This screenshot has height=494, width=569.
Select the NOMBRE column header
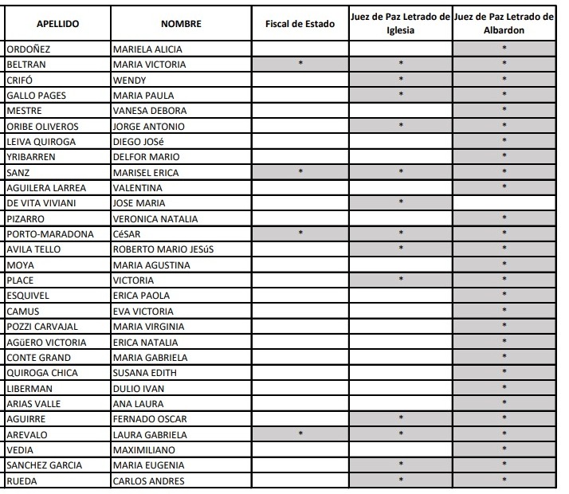181,24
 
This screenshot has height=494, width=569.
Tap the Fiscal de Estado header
300,24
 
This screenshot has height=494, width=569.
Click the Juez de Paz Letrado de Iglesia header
401,24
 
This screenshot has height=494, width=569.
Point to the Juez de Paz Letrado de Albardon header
504,24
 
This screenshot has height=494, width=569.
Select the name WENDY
129,80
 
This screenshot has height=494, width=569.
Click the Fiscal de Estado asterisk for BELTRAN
300,64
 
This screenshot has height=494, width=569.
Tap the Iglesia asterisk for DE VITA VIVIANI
401,202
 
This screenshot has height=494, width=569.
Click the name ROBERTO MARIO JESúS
163,249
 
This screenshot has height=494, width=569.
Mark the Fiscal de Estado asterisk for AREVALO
300,435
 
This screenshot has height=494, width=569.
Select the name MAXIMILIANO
143,450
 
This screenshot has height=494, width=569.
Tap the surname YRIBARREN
30,157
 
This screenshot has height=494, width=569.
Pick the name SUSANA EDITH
145,373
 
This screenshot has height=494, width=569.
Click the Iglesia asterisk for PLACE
401,280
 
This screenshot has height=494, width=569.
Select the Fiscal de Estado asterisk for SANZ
300,172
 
